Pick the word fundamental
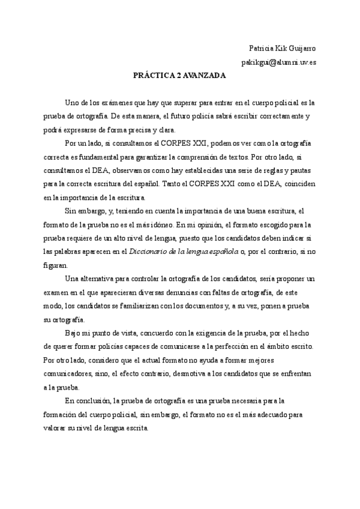(x=118, y=158)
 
